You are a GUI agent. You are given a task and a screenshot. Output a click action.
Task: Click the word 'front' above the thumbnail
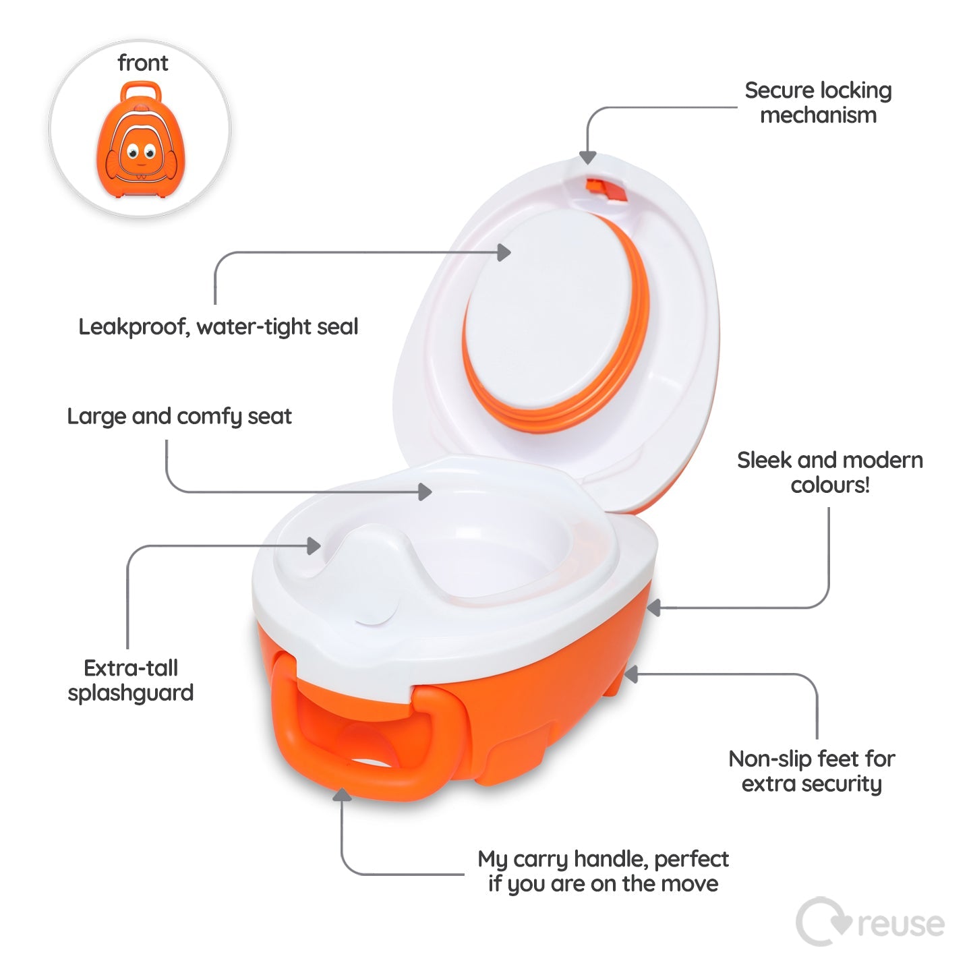[x=142, y=63]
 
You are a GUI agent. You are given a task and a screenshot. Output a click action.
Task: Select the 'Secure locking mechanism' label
[x=818, y=102]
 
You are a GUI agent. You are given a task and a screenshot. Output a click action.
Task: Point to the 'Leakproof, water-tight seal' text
[x=218, y=327]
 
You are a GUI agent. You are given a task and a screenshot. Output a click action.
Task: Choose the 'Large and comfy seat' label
[x=179, y=416]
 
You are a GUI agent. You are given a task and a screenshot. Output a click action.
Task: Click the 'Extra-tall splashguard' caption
[x=131, y=680]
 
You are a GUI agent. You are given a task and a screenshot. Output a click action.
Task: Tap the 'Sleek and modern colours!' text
[x=830, y=472]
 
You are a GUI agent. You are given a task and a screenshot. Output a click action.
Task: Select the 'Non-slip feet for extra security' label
[x=812, y=771]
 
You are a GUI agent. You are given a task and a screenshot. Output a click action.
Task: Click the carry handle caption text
[x=603, y=871]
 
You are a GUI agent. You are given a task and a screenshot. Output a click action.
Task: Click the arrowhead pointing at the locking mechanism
[x=588, y=157]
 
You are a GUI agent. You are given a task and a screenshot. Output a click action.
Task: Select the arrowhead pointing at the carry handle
[x=343, y=796]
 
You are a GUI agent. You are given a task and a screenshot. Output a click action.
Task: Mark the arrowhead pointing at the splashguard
[x=314, y=546]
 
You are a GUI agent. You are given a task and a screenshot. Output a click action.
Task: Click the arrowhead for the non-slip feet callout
[x=630, y=674]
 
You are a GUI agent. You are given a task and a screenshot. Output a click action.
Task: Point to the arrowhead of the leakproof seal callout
[x=504, y=252]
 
